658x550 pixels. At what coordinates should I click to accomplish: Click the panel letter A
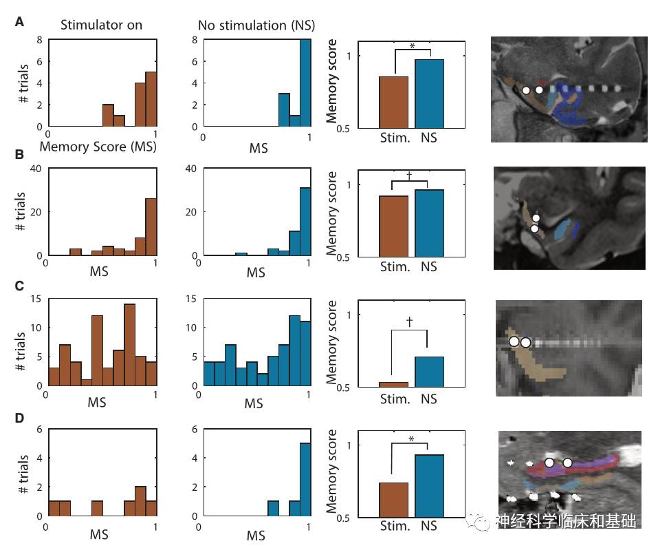20,21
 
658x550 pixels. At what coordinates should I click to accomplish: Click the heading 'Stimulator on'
101,25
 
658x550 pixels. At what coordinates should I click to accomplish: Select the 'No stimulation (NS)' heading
256,25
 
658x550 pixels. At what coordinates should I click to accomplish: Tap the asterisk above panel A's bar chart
412,47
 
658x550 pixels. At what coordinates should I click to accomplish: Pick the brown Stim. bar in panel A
393,102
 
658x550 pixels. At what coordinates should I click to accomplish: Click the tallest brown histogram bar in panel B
151,227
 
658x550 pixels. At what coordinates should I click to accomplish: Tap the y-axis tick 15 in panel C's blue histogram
193,299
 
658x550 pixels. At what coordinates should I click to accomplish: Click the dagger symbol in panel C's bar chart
409,321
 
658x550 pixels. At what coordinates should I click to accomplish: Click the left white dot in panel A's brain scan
526,90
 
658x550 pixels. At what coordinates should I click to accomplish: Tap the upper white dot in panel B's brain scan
536,218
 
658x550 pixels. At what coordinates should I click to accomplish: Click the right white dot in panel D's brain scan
567,463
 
